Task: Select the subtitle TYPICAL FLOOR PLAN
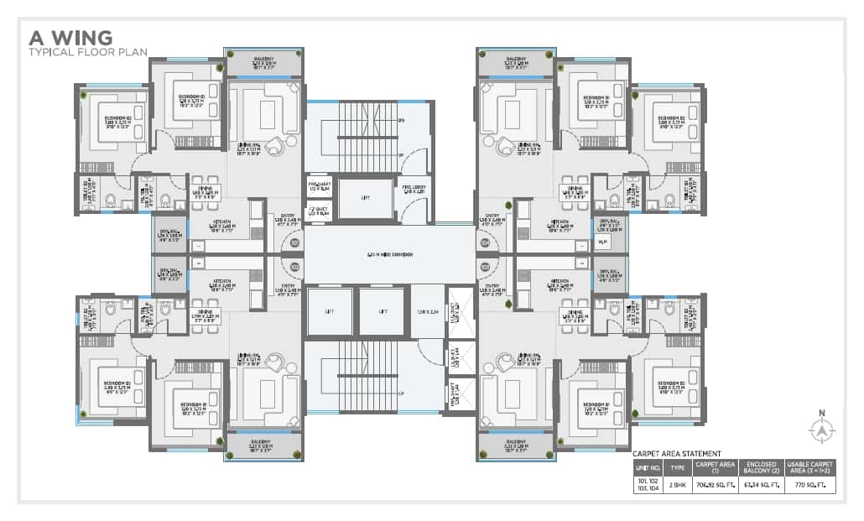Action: [x=88, y=52]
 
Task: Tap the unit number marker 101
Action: [x=294, y=243]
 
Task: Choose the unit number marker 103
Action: [x=485, y=267]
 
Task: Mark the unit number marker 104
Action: [x=485, y=243]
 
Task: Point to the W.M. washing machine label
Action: [x=603, y=242]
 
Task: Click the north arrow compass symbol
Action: [x=822, y=430]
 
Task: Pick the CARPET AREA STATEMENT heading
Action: [x=676, y=454]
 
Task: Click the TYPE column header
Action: [x=678, y=467]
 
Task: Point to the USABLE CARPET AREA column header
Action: [x=810, y=467]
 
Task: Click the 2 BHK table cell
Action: [x=678, y=485]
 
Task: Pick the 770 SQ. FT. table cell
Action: [x=810, y=485]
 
